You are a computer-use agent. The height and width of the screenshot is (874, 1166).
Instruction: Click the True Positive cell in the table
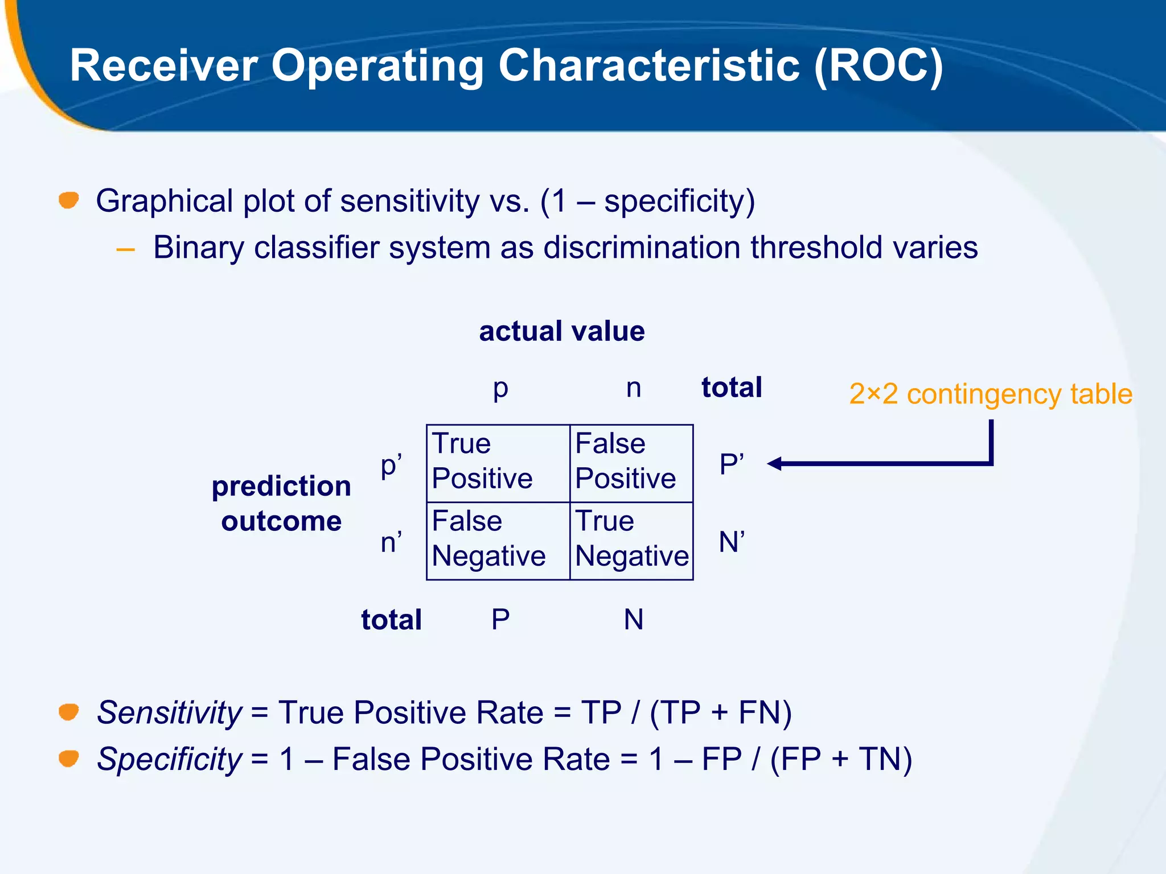498,463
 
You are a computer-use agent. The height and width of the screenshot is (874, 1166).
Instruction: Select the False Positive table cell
631,463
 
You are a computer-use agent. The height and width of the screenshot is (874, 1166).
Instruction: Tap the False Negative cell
498,541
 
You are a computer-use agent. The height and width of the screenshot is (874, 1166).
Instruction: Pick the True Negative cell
631,541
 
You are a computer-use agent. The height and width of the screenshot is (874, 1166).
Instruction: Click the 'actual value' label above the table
561,331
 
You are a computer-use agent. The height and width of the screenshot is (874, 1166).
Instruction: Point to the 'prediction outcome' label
281,504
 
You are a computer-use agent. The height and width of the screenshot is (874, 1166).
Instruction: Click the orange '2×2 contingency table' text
991,394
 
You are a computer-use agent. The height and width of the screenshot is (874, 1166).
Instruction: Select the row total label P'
732,464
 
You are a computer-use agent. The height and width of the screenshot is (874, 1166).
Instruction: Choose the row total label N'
732,542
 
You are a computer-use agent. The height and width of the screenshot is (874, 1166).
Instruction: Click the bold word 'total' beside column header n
732,387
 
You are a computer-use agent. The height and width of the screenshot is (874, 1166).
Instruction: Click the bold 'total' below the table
391,620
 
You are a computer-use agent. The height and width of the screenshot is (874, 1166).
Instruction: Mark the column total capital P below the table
500,620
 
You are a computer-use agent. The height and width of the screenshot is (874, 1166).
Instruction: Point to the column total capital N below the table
634,620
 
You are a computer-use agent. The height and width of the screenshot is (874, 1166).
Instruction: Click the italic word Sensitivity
169,712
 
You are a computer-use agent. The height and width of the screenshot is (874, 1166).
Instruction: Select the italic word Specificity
169,759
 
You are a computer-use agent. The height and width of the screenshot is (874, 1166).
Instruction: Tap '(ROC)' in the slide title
878,66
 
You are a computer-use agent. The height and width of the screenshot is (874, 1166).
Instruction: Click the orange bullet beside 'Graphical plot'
69,200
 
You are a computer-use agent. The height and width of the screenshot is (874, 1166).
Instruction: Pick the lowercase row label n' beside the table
391,542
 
